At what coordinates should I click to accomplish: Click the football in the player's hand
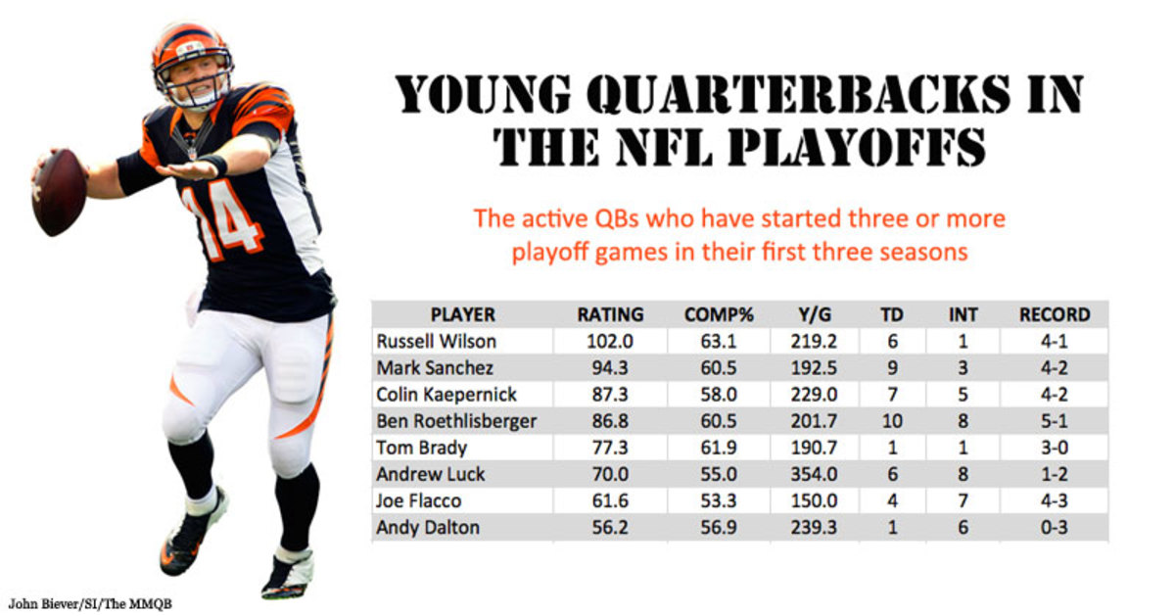[x=59, y=192]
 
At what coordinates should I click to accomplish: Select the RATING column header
[x=610, y=314]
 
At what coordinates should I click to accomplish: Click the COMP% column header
[x=719, y=314]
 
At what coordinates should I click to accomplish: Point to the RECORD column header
[x=1055, y=314]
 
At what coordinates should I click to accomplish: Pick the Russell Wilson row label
[x=436, y=342]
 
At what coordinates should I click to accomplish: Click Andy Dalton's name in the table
[x=428, y=527]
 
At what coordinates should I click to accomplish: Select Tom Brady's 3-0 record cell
[x=1055, y=448]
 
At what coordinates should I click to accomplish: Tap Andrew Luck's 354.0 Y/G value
[x=814, y=474]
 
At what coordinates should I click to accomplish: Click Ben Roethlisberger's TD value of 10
[x=892, y=421]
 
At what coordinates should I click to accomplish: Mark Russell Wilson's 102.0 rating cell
[x=609, y=342]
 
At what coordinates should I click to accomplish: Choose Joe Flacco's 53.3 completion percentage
[x=718, y=501]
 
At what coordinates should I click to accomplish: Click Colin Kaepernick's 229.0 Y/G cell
[x=814, y=395]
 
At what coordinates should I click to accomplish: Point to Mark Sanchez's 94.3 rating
[x=609, y=368]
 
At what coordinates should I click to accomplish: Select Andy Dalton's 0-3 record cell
[x=1055, y=527]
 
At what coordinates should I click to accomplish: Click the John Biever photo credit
[x=90, y=604]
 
